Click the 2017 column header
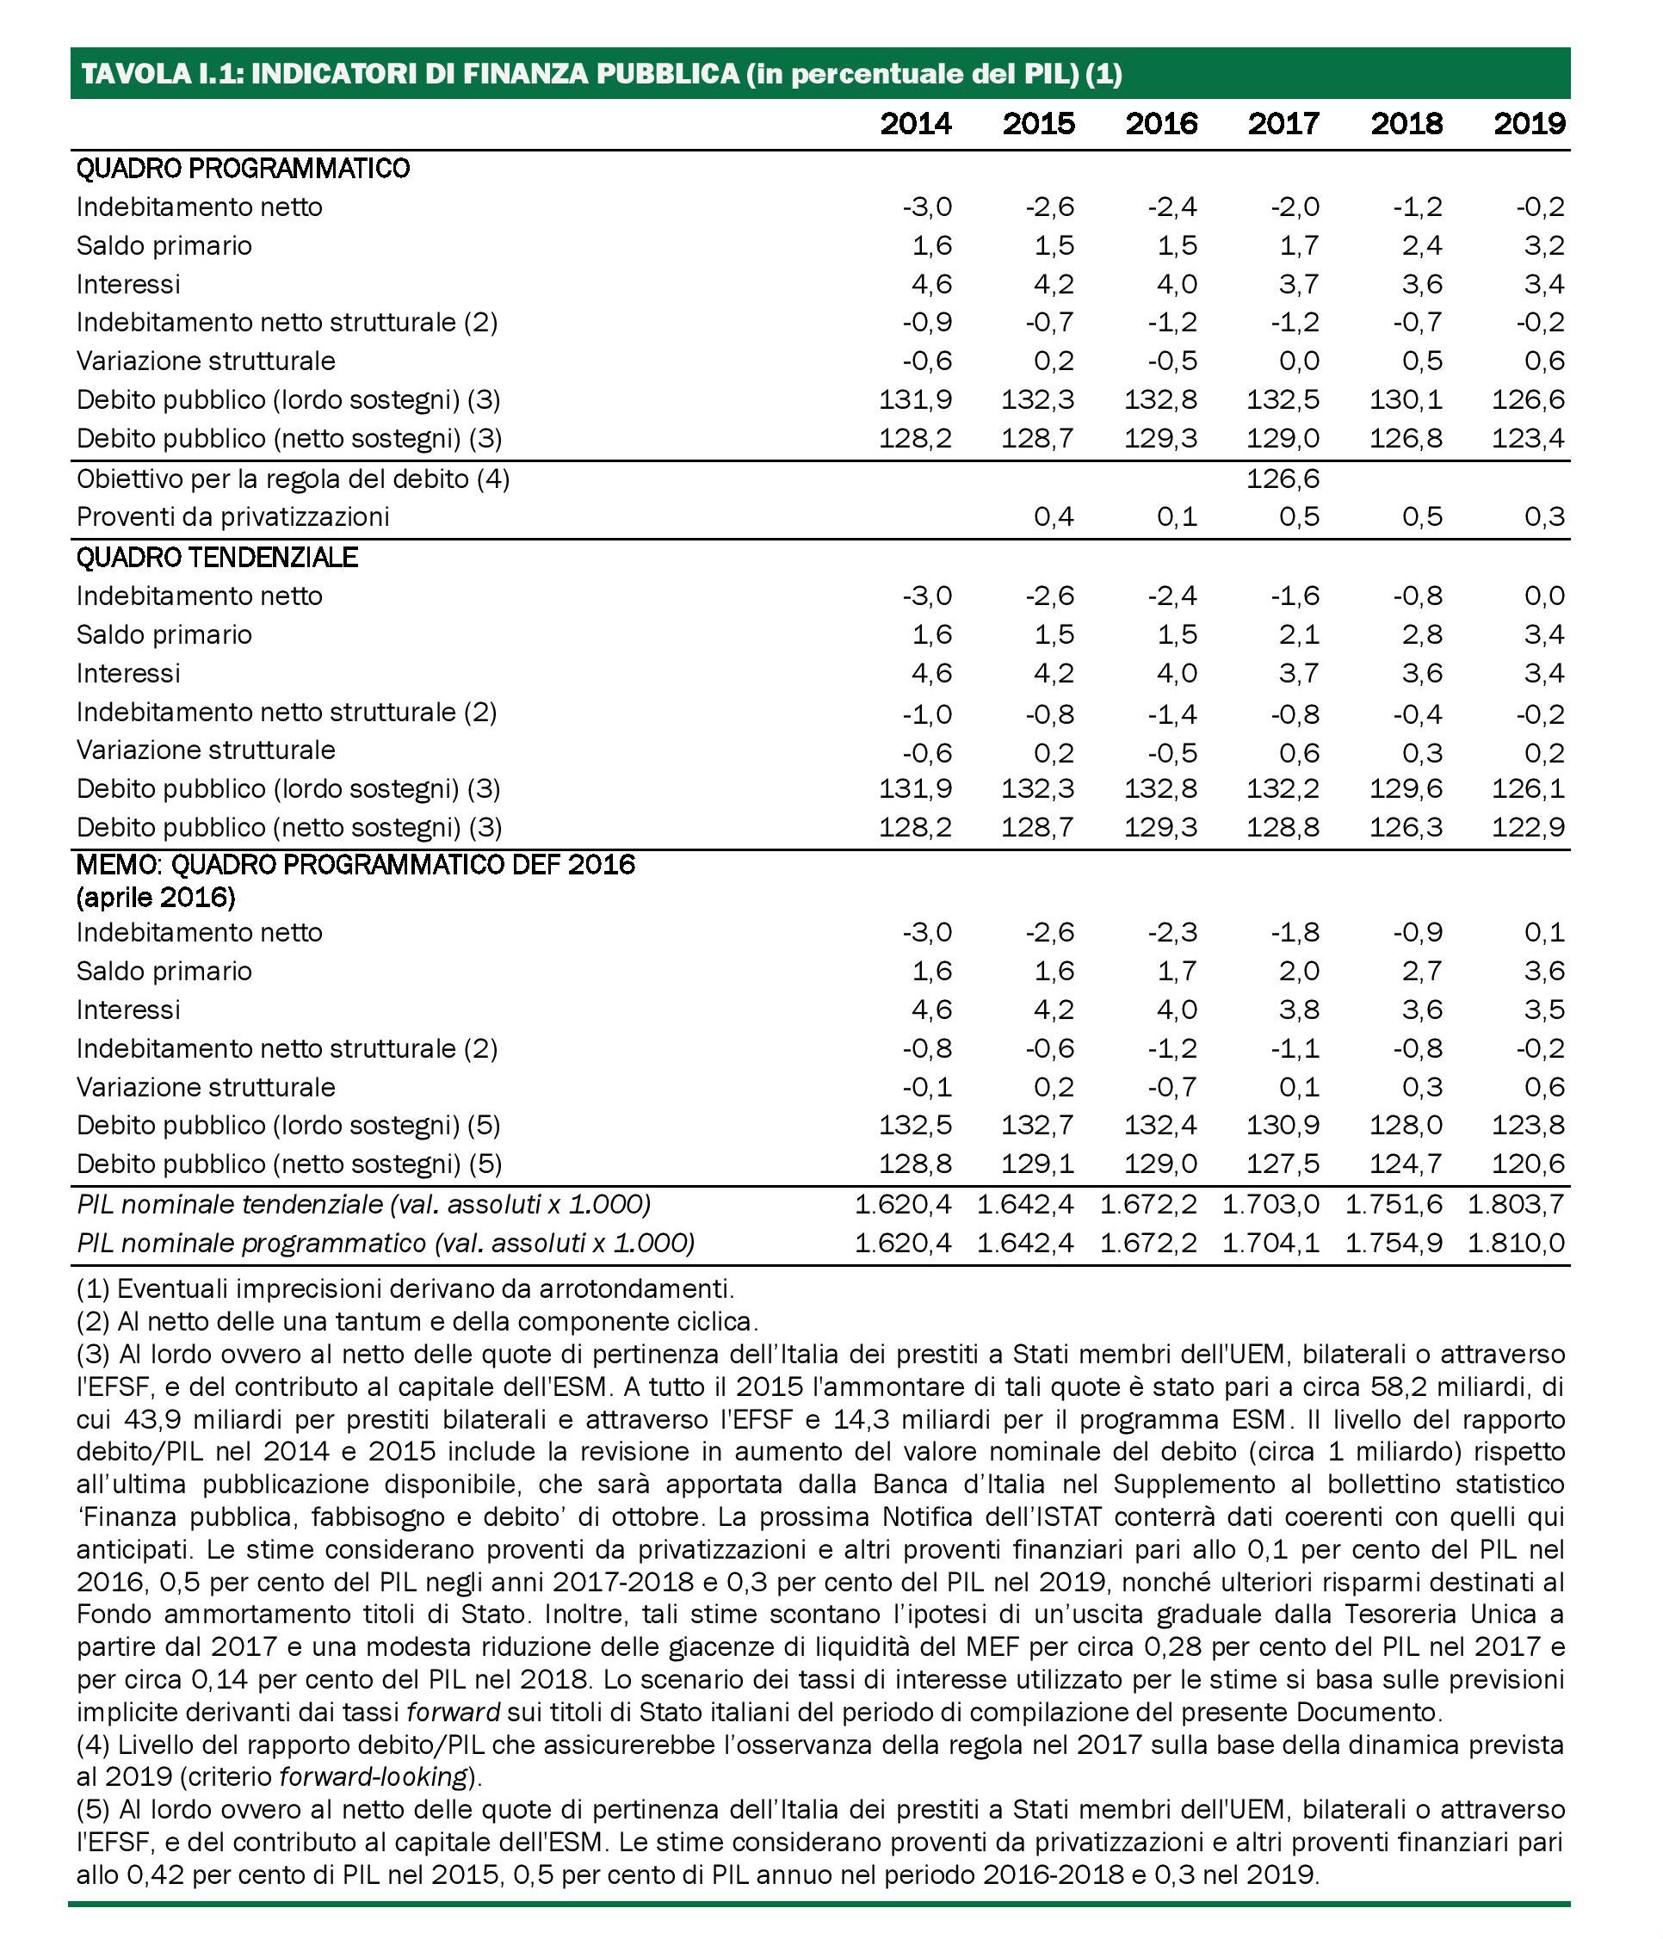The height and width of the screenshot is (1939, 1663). [1283, 124]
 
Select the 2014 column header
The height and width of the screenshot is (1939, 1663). [915, 124]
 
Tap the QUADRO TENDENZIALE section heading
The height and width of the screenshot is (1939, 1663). [217, 558]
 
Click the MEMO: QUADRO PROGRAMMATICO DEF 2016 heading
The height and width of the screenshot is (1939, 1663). [355, 864]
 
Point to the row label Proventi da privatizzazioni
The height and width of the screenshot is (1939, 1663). [232, 516]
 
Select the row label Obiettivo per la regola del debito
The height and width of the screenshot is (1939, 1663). [293, 479]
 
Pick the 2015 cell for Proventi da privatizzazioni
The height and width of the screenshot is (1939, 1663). [1054, 516]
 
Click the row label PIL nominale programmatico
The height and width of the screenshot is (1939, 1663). [386, 1243]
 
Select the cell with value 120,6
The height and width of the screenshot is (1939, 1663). [1528, 1164]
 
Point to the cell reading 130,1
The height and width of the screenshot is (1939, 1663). [1406, 400]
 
